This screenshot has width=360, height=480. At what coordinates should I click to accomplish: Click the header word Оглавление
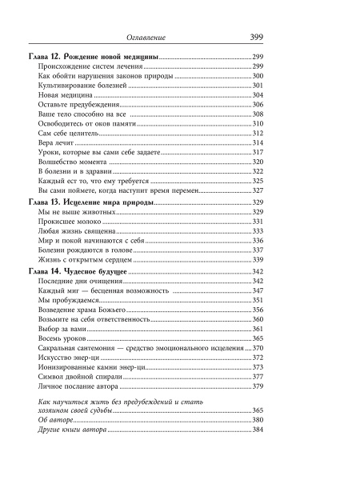click(152, 38)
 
